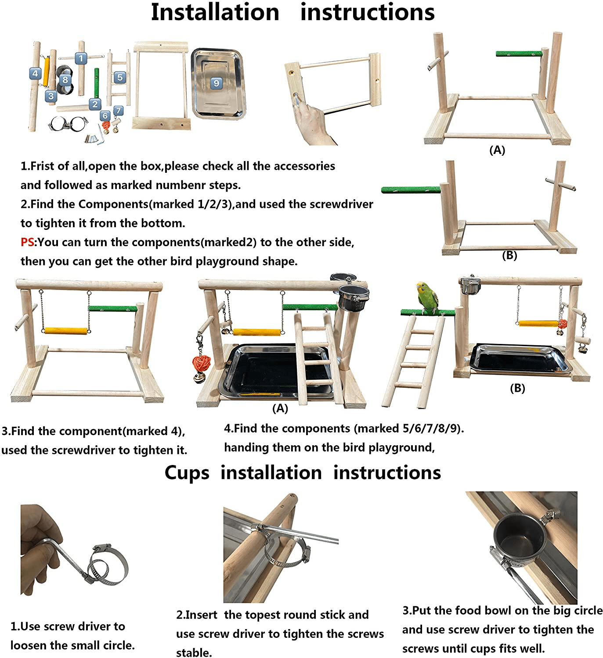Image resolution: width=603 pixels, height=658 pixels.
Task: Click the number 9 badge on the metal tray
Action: point(216,83)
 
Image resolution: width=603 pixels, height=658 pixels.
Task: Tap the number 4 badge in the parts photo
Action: point(36,73)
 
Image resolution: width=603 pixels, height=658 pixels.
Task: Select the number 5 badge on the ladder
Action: point(120,77)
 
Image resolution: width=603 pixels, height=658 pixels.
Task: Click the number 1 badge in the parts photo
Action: point(80,58)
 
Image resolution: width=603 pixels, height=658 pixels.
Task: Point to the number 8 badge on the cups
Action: point(65,79)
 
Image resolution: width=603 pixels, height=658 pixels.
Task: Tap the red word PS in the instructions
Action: point(27,242)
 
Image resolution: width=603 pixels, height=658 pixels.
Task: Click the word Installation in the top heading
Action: point(215,12)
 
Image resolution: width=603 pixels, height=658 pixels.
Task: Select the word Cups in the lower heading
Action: point(187,473)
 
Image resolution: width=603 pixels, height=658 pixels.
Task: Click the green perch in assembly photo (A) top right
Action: point(519,54)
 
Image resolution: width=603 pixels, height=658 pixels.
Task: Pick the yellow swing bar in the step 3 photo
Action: point(66,331)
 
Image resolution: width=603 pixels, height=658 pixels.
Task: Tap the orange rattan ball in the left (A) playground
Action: point(202,363)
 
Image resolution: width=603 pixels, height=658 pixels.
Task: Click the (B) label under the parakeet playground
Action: point(517,388)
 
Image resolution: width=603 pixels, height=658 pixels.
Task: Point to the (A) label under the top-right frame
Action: point(497,150)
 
